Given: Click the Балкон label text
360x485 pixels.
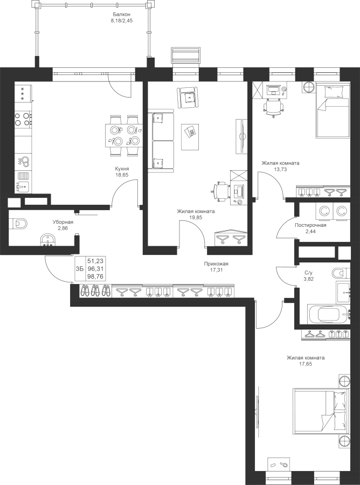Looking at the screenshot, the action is [122, 14].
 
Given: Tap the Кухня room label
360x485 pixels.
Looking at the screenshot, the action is [122, 169].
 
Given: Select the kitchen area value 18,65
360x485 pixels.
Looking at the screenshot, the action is [122, 175].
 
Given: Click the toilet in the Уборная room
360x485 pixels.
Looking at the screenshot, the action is [18, 224].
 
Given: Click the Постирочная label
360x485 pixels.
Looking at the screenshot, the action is [310, 225].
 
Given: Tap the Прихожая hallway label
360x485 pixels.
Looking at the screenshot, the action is [216, 264].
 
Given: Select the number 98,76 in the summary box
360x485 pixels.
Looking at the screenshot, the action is [95, 276].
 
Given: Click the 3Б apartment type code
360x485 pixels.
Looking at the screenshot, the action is [80, 269].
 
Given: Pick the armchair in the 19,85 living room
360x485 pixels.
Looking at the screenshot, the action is [188, 97].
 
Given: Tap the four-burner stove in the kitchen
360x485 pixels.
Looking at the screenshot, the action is [23, 119].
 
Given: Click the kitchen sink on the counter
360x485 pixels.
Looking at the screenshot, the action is [23, 186].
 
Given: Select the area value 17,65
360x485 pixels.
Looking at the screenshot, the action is [306, 364].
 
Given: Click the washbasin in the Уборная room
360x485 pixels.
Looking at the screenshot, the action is [49, 240].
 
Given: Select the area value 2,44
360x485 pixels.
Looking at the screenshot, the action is [310, 231].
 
